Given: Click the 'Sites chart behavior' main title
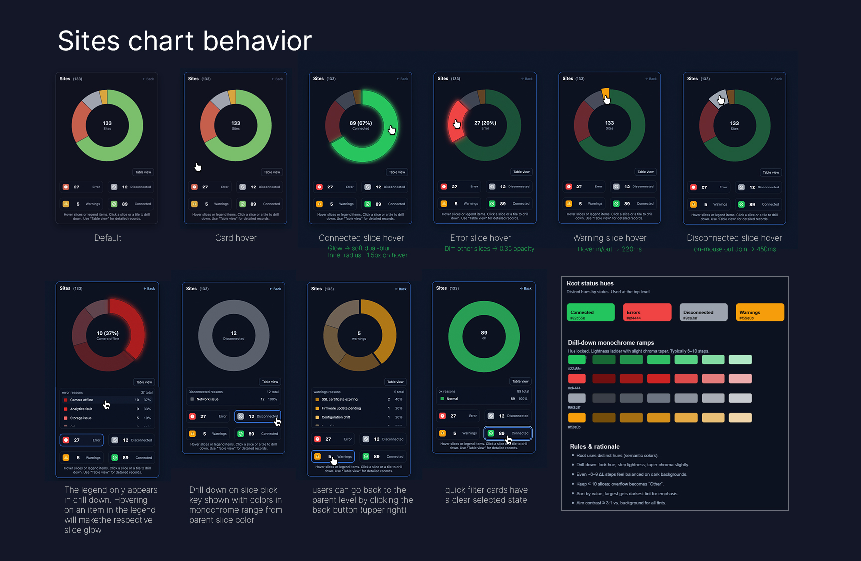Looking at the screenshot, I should pos(185,41).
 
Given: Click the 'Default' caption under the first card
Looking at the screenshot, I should pos(108,238).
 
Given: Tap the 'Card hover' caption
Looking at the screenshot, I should pos(236,238).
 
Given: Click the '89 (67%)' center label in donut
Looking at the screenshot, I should pos(361,123).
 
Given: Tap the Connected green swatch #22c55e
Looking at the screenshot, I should pos(590,312).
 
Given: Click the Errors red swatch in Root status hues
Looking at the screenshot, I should pos(647,312).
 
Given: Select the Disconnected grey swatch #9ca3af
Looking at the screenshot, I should pos(704,312).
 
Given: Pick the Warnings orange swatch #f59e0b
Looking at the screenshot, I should pos(760,312).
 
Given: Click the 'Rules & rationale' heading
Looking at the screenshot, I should pos(594,447).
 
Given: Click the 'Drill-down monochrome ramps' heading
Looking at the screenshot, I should pos(610,343).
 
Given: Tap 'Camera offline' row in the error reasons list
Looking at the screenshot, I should pos(82,400).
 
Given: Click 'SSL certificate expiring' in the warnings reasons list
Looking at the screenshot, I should pos(339,399).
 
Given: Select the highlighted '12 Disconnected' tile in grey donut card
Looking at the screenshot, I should pos(258,416).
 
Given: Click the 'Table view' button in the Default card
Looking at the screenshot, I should pos(143,172).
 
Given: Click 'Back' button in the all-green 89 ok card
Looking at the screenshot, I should pos(526,288).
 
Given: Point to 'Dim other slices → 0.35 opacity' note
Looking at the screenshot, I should pos(489,249).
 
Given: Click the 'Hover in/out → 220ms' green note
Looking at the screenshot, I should pos(609,249).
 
